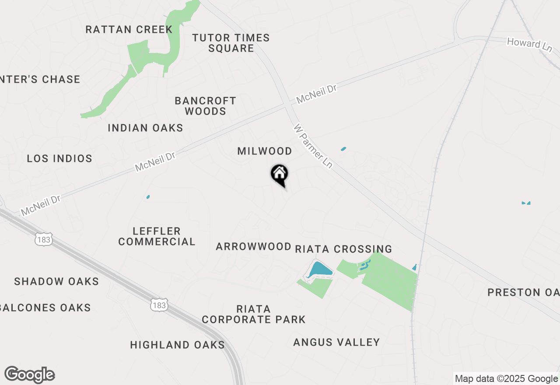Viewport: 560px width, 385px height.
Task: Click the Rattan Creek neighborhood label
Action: [129, 30]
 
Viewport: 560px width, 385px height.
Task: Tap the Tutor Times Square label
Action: [231, 43]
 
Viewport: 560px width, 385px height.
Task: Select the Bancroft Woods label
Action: [205, 106]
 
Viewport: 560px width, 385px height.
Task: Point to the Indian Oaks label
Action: [145, 128]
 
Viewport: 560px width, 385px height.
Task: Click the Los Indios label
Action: [59, 158]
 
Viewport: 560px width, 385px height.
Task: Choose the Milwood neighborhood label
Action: [265, 151]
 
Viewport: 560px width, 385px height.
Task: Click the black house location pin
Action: [279, 174]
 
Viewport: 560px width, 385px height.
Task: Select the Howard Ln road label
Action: [529, 45]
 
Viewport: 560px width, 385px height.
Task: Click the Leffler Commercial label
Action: [157, 236]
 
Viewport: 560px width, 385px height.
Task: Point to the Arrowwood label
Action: [254, 247]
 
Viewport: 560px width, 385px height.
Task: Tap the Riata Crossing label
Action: [343, 249]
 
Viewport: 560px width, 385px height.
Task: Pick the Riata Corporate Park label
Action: [254, 314]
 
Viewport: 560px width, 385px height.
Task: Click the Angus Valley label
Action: [336, 342]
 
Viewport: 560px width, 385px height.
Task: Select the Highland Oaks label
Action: [177, 345]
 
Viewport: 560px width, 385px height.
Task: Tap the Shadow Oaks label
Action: [56, 281]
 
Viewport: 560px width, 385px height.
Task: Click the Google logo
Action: [30, 375]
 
